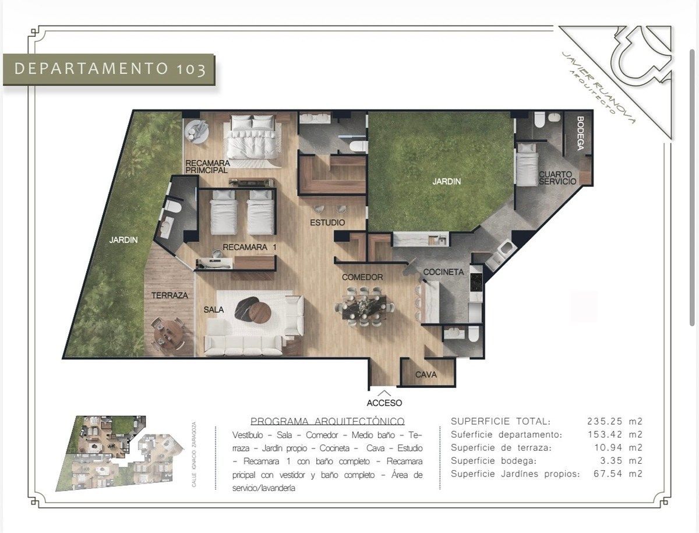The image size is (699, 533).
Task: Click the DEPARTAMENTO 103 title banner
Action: click(x=109, y=69)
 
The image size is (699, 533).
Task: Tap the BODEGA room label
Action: click(x=580, y=133)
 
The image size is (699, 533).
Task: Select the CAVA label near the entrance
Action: click(x=426, y=375)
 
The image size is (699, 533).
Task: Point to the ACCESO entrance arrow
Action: click(x=384, y=393)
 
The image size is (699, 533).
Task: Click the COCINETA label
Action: click(x=443, y=272)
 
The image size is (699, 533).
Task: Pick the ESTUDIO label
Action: click(x=327, y=223)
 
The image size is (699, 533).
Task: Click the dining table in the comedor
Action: click(x=365, y=306)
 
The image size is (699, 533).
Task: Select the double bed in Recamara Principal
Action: click(x=253, y=137)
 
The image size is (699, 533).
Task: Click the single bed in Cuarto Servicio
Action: click(x=527, y=164)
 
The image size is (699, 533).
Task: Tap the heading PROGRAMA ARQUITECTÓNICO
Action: click(x=327, y=421)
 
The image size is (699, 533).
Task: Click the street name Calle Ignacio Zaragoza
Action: click(x=194, y=454)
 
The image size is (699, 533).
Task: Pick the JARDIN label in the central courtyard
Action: click(x=446, y=182)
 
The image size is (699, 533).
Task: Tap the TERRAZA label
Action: click(x=170, y=295)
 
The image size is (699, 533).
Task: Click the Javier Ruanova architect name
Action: click(x=599, y=87)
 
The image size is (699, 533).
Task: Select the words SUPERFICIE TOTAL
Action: click(x=500, y=421)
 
